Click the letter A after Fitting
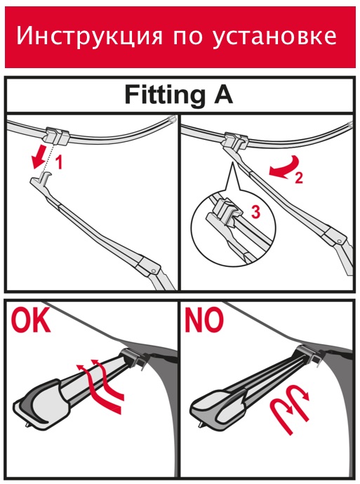pyautogui.click(x=222, y=94)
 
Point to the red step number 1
pyautogui.click(x=59, y=162)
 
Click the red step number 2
pyautogui.click(x=299, y=178)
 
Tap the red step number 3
pyautogui.click(x=255, y=211)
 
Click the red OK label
pyautogui.click(x=31, y=321)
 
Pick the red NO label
pyautogui.click(x=204, y=321)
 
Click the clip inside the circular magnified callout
pyautogui.click(x=227, y=211)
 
